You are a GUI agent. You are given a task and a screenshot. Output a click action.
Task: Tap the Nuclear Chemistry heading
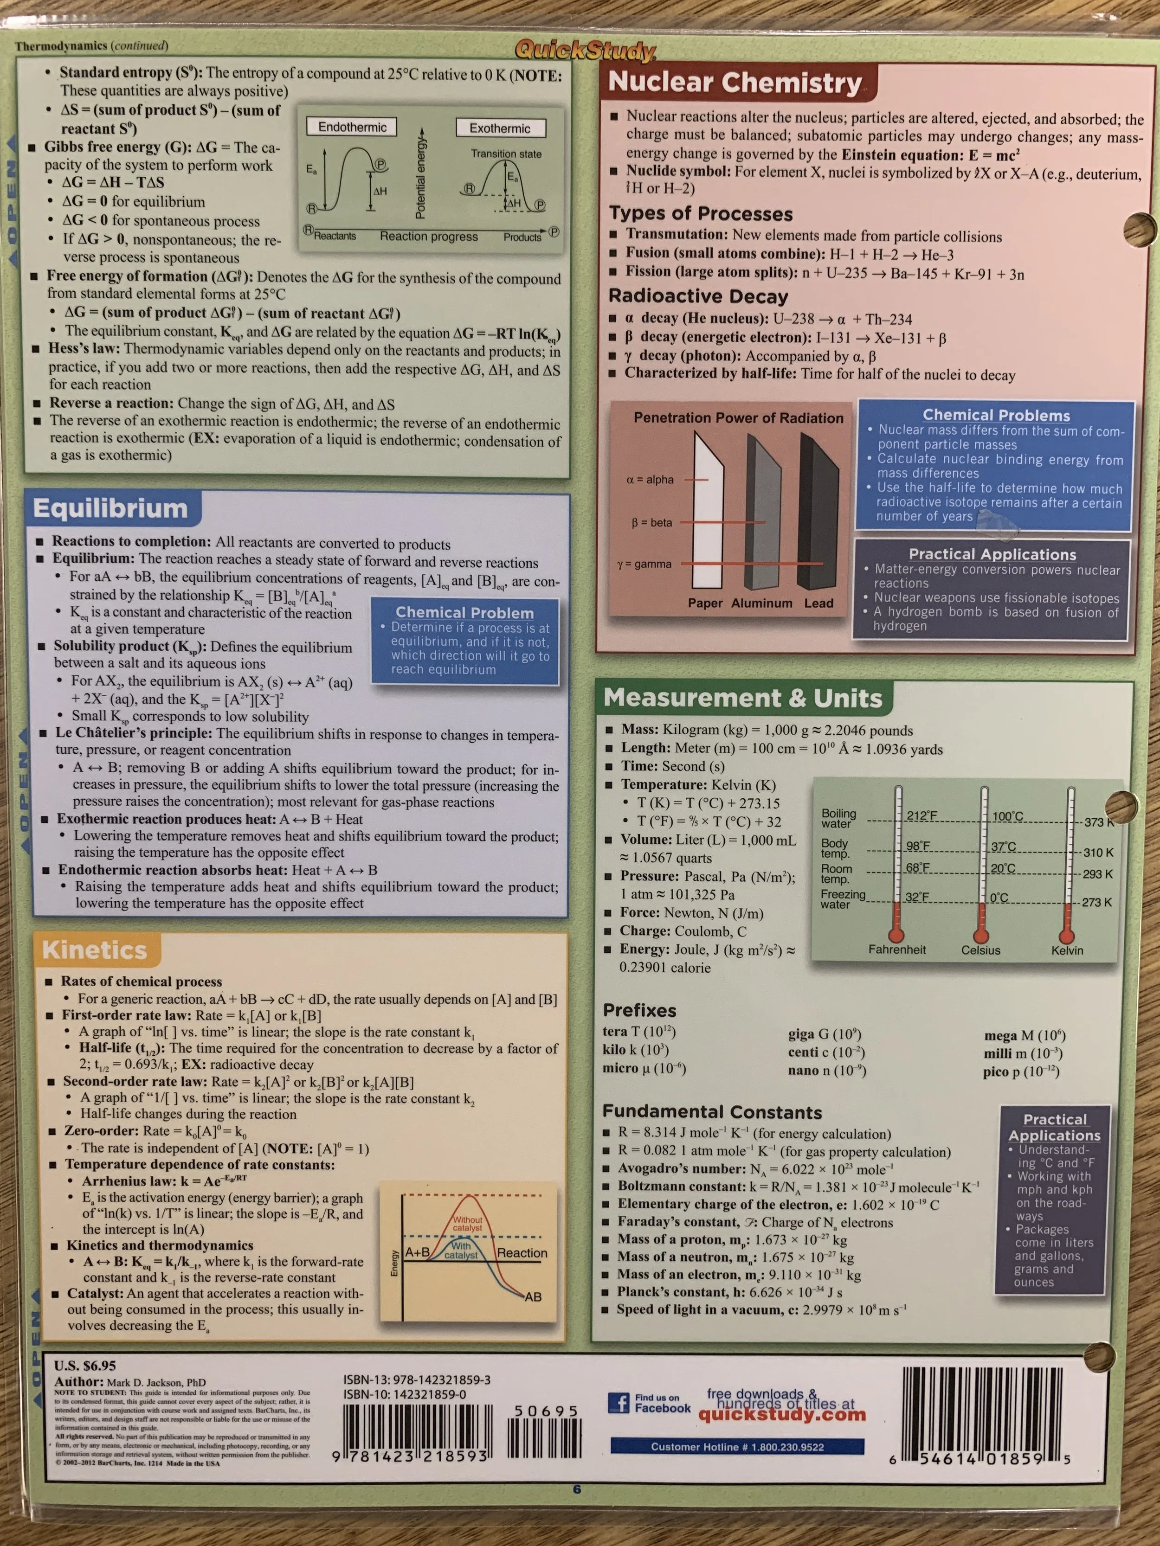pos(735,83)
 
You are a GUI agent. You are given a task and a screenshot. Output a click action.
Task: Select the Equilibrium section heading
pos(110,508)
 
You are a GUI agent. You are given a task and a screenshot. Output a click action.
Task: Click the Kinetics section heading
pos(94,950)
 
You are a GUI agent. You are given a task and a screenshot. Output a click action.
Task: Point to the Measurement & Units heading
pos(742,698)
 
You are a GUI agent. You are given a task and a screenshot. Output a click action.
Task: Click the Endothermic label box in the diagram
pos(352,127)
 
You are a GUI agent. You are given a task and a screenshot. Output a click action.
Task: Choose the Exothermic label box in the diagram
pos(499,128)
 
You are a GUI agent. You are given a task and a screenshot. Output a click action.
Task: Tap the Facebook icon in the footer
pos(618,1403)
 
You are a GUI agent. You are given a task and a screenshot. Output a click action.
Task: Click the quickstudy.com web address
pos(782,1415)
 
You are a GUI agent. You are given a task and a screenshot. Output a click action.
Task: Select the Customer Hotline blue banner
pos(737,1447)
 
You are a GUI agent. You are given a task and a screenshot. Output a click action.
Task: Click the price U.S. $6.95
pos(85,1365)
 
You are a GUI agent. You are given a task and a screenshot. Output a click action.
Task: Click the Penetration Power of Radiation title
pos(738,418)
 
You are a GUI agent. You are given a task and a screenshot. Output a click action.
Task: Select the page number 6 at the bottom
pos(577,1489)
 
